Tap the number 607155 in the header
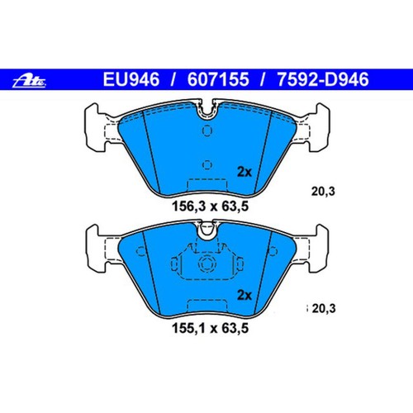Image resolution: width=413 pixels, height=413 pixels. point(219,81)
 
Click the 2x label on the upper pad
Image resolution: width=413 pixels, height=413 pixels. point(244,172)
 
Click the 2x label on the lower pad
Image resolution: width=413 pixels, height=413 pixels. point(244,295)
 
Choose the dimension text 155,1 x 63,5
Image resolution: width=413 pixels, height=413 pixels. point(207,326)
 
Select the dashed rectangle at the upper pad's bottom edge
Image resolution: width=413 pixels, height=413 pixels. point(207,183)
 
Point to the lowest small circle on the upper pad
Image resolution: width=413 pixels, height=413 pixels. point(207,163)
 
